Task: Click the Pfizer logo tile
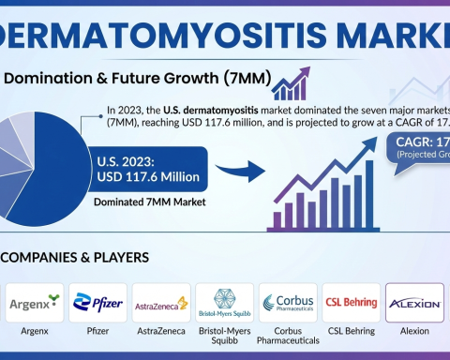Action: (98, 303)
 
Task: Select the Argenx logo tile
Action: (35, 303)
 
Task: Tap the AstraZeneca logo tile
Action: (160, 303)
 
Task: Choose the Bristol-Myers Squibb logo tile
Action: (224, 303)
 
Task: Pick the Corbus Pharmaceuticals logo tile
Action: (288, 303)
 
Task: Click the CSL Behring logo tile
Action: (352, 303)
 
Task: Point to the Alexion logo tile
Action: (413, 303)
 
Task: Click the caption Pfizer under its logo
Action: (98, 332)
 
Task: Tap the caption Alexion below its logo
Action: (413, 332)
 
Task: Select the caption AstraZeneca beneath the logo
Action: (160, 332)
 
